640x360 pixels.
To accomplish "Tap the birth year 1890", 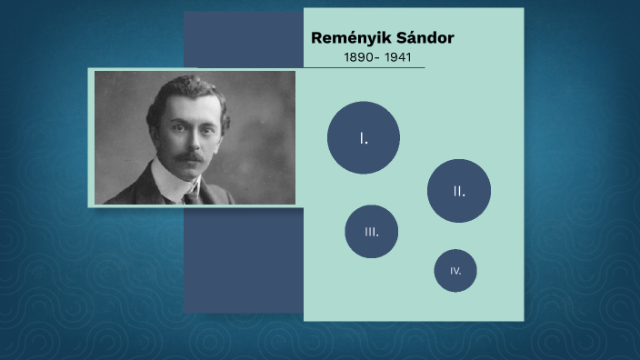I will (358, 57).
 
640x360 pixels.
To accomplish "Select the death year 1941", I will (398, 57).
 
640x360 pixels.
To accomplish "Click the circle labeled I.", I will (364, 137).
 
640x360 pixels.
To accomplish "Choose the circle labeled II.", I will (459, 191).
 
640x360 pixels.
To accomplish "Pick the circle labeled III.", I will (372, 231).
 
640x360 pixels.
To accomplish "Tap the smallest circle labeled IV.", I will (455, 271).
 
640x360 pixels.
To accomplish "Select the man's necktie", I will (192, 195).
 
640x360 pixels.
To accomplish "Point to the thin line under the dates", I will (364, 67).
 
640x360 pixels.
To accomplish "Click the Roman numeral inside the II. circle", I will (459, 191).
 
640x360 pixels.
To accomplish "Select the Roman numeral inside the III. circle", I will (372, 231).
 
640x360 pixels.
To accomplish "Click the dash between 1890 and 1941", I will (378, 57).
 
